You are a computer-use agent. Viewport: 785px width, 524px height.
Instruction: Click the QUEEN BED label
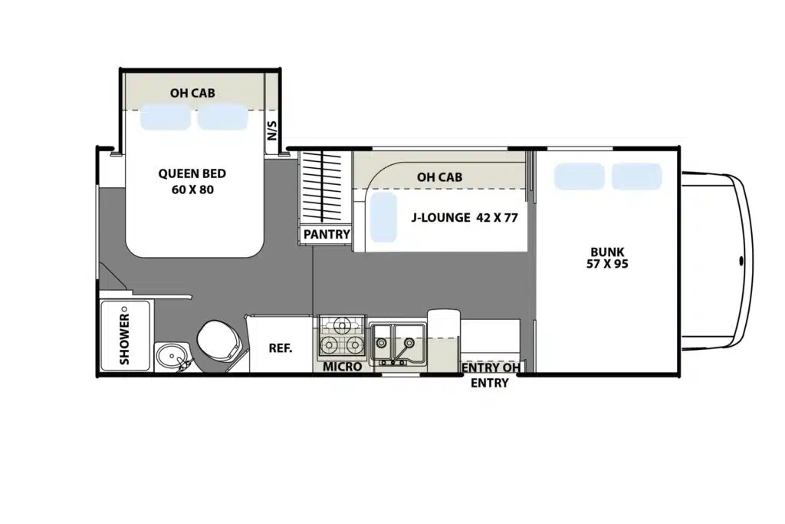click(x=192, y=174)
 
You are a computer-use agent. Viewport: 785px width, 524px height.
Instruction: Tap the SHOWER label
click(x=125, y=338)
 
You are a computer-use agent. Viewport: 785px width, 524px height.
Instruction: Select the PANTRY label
click(x=327, y=235)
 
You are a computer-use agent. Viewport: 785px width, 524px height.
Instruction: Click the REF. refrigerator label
click(x=281, y=348)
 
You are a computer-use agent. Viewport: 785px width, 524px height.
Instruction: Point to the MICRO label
click(x=342, y=367)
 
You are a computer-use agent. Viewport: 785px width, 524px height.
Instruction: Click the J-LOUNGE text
click(x=441, y=218)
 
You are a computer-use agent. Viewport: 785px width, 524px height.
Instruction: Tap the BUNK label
click(x=607, y=252)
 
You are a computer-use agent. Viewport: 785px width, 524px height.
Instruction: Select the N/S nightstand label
click(x=272, y=130)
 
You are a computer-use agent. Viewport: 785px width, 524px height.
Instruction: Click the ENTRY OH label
click(x=491, y=367)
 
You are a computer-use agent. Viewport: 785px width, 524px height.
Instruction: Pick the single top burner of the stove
click(x=343, y=327)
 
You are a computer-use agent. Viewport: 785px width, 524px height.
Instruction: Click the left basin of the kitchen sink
click(x=382, y=342)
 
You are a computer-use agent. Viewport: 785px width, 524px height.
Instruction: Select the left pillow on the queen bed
click(x=166, y=117)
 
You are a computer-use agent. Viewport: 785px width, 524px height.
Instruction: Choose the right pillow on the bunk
click(x=637, y=176)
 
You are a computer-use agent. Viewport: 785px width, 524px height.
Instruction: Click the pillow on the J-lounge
click(x=383, y=217)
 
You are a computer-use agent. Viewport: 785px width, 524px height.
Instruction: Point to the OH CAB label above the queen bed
click(x=192, y=93)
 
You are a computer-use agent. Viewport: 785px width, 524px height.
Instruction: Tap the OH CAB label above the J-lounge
click(x=439, y=177)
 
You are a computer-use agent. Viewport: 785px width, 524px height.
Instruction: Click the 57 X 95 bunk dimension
click(x=607, y=264)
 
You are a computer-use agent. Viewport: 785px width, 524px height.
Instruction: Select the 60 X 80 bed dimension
click(x=192, y=189)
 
